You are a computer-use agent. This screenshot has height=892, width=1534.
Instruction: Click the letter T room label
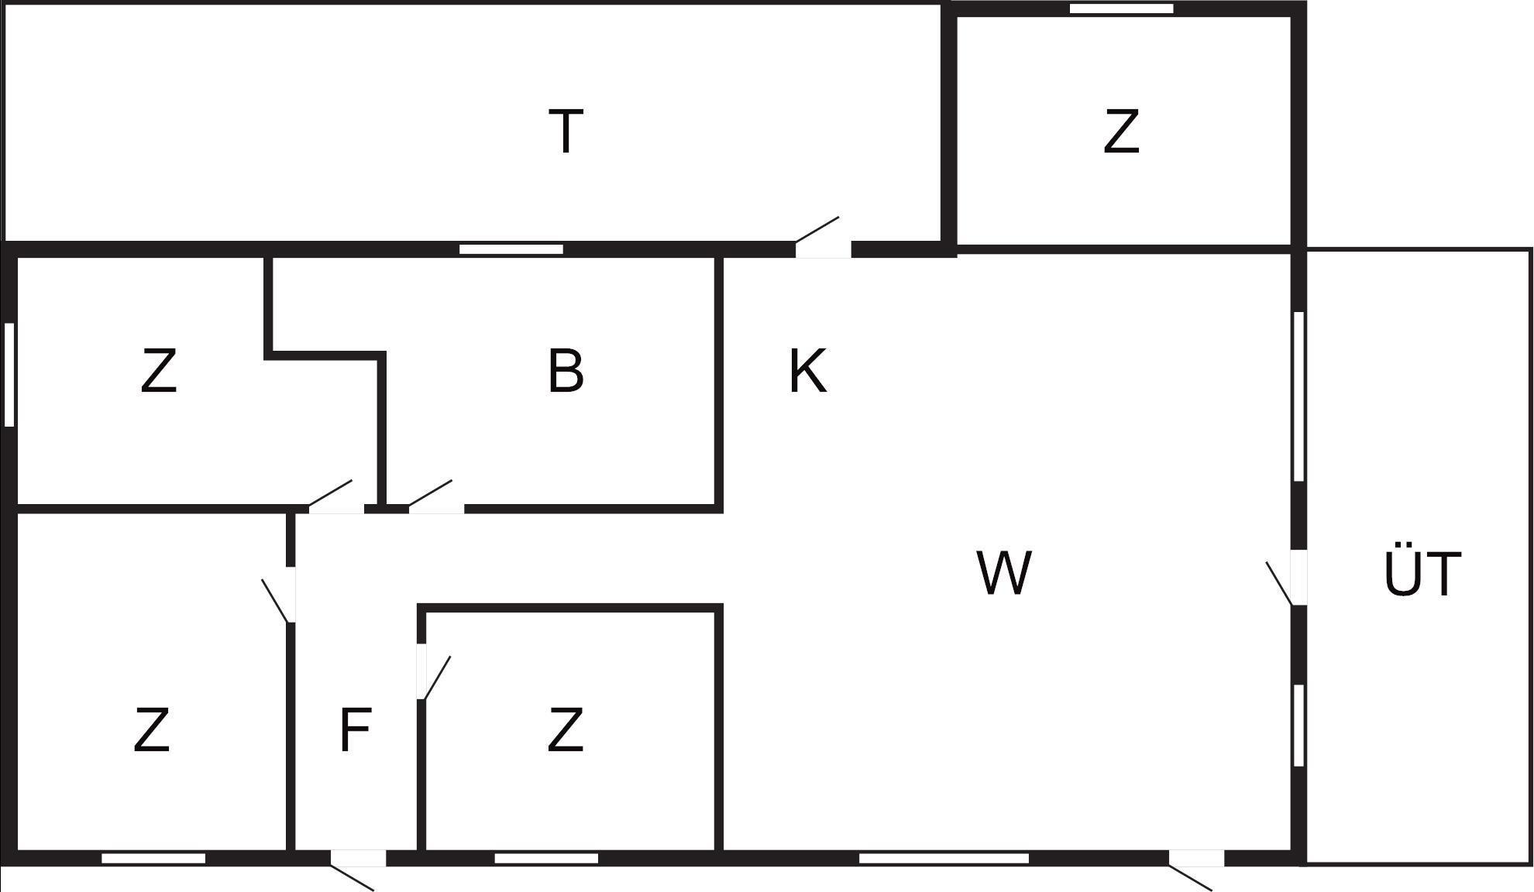click(566, 132)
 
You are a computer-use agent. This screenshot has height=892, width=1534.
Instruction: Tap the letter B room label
click(566, 372)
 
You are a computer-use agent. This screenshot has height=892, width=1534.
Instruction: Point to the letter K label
click(807, 372)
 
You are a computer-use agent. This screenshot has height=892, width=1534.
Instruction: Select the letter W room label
click(1004, 574)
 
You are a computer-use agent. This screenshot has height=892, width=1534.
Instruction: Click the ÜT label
click(1422, 574)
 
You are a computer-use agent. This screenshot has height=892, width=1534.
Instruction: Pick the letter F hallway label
click(356, 730)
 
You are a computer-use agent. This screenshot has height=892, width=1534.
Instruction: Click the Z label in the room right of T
click(1121, 132)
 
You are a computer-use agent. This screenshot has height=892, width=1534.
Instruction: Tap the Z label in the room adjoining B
click(159, 372)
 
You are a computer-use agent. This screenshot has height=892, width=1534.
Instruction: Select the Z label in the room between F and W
click(565, 730)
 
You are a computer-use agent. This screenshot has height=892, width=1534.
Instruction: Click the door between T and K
click(823, 249)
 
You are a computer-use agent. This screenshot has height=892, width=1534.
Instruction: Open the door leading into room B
click(436, 508)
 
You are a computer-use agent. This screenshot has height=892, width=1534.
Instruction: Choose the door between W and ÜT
click(1298, 577)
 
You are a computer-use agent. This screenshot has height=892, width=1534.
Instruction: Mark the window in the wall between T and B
click(511, 249)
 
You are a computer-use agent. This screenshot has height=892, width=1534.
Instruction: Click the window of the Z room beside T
click(1121, 9)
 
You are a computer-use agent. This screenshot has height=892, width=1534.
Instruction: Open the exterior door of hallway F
click(358, 858)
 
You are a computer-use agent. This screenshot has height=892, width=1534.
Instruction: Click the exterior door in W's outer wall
click(1196, 858)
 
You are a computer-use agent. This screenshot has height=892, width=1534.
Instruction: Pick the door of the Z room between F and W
click(421, 671)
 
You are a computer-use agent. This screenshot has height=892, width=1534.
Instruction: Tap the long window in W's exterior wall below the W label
click(944, 858)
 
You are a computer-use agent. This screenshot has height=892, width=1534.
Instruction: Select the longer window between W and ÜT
click(1299, 396)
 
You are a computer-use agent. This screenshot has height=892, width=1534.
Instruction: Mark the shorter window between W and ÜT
click(1299, 726)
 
